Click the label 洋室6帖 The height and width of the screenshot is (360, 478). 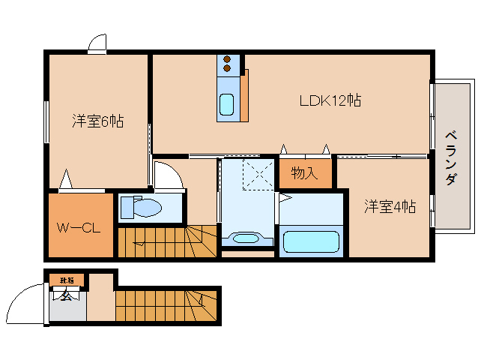[98, 120]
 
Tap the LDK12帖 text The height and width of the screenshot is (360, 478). [330, 100]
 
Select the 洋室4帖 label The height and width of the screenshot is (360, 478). [390, 205]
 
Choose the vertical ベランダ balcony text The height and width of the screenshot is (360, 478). [451, 157]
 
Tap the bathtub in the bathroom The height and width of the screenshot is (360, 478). [312, 242]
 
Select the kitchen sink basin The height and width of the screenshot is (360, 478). [226, 103]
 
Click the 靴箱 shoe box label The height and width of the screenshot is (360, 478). [67, 280]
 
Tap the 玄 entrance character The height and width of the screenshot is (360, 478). [66, 296]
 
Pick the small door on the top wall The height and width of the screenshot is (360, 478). [96, 44]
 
